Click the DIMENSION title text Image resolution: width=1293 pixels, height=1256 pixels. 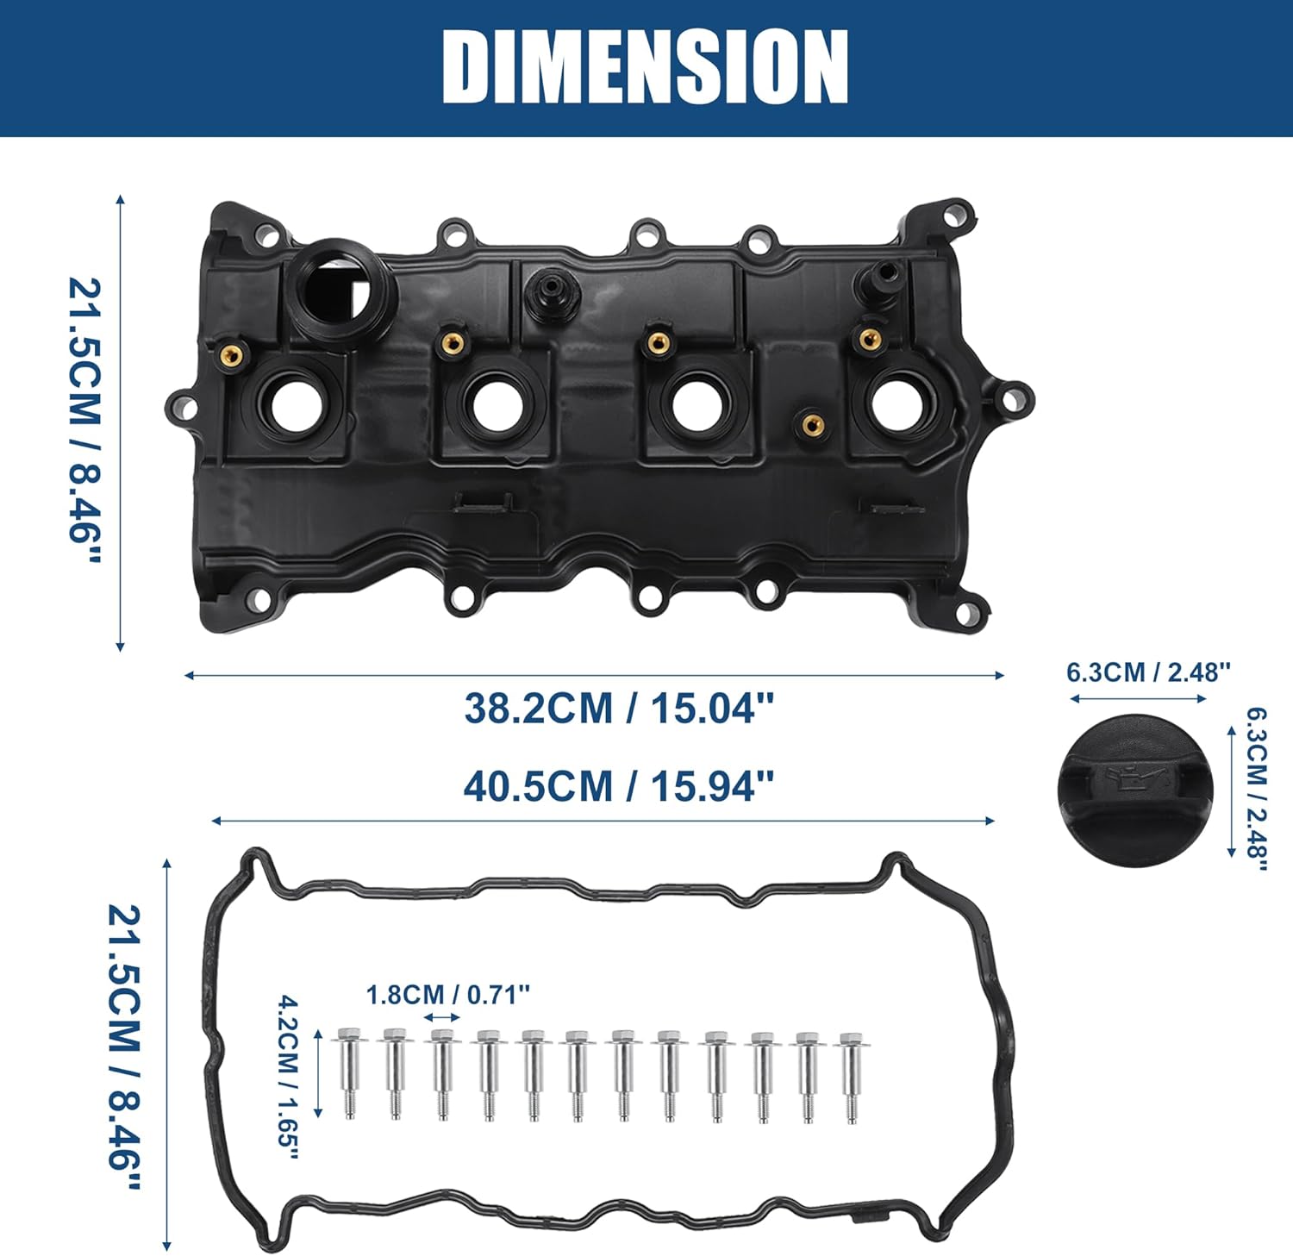(646, 67)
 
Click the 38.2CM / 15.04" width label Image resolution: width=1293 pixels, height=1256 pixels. (619, 709)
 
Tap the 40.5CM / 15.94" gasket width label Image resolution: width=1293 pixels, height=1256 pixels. (619, 786)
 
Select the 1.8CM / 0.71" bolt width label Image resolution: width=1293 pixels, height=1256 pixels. (447, 995)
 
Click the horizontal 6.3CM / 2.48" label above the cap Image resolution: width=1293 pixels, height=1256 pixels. (1148, 672)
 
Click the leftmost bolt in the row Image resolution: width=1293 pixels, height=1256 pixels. (348, 1073)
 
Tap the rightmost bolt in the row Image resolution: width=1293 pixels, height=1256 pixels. (852, 1077)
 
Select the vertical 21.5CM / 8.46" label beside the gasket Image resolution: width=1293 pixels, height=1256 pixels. (123, 1047)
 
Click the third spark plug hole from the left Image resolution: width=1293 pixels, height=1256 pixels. (696, 403)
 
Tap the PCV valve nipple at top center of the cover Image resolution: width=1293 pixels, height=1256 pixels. (547, 293)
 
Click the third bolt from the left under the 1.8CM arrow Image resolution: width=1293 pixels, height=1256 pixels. (442, 1074)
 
